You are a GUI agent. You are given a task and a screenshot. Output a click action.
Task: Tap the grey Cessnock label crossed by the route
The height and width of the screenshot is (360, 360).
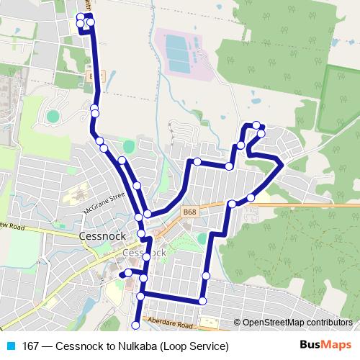point(145,253)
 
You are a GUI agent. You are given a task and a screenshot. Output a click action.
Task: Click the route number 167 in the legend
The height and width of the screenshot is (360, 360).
point(30,346)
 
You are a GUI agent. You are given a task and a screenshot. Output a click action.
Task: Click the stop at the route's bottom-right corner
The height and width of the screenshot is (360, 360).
point(203,300)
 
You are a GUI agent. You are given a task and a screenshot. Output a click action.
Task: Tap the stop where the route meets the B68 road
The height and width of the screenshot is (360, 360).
point(232,204)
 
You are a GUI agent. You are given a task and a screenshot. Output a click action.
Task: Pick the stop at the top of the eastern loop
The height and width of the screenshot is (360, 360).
point(256,126)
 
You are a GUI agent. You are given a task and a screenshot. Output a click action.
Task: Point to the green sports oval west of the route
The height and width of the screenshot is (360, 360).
point(53,115)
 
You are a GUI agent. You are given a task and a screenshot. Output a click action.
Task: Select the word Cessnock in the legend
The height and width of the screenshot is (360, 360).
point(77,346)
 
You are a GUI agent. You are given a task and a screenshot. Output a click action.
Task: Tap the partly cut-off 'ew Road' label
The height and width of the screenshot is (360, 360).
point(12,225)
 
